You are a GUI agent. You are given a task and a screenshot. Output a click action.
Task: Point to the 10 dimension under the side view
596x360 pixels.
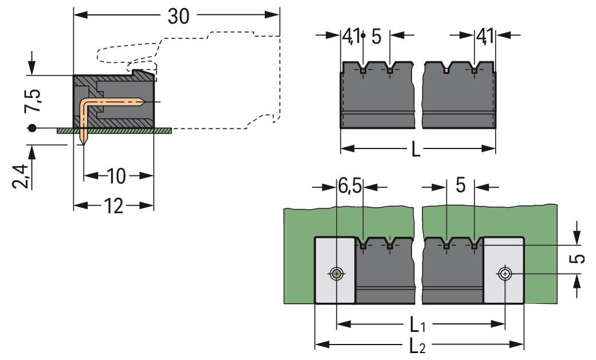tap(116, 176)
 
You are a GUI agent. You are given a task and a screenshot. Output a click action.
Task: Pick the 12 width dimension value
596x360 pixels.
tap(114, 206)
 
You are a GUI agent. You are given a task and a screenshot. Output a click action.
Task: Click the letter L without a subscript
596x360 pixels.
tap(417, 150)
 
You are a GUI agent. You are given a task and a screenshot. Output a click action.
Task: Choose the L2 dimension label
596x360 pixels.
tap(419, 346)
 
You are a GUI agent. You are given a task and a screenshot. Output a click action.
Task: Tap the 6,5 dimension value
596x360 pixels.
tap(350, 187)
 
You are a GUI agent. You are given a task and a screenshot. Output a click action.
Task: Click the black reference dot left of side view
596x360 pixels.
tap(33, 128)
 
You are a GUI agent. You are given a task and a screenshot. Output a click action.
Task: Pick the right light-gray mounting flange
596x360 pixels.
tap(504, 270)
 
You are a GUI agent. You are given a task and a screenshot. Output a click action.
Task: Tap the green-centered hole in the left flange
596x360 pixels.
tap(336, 274)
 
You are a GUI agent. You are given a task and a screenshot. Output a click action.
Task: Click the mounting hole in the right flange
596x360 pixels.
tap(504, 274)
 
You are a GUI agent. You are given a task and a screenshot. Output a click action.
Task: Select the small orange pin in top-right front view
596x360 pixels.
tap(446, 71)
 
